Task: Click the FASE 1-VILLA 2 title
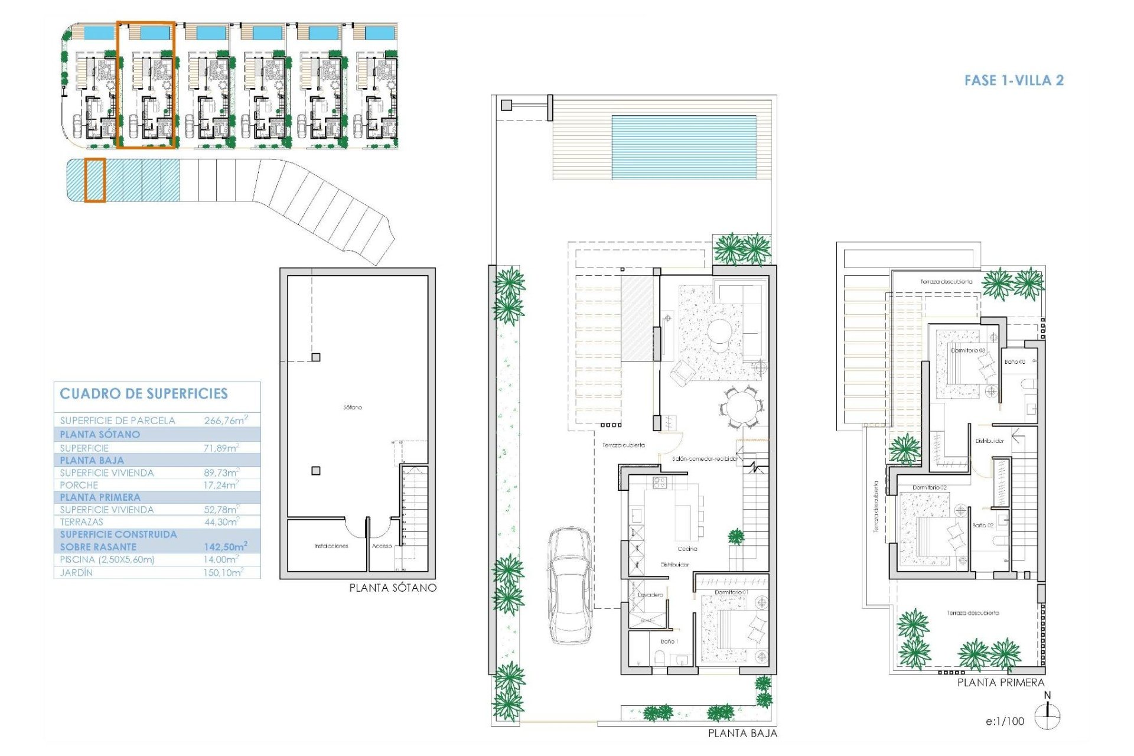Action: tap(1014, 80)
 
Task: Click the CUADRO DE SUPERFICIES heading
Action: tap(144, 394)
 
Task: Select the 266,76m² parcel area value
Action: tap(224, 421)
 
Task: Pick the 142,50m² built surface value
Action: tap(225, 547)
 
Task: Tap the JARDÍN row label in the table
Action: tap(76, 573)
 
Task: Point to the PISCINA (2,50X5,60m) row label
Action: tap(107, 559)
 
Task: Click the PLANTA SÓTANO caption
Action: tap(392, 588)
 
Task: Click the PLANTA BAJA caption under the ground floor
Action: tap(742, 734)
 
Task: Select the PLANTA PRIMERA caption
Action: tap(1001, 683)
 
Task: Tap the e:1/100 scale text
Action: tap(1005, 721)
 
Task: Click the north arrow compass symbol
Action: tap(1048, 716)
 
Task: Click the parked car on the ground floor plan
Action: tap(570, 585)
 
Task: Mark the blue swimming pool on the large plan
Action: tap(683, 147)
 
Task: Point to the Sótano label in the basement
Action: tap(352, 408)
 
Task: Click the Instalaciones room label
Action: tap(331, 546)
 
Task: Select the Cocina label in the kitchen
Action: tap(687, 549)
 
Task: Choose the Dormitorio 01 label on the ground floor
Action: tap(731, 592)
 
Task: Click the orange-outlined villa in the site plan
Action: tap(146, 84)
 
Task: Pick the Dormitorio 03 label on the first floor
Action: tap(968, 350)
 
